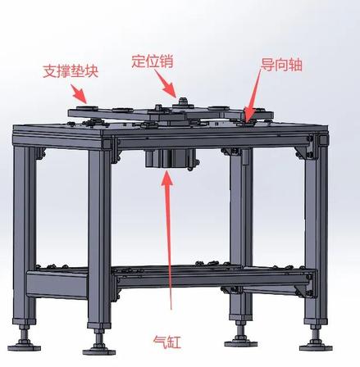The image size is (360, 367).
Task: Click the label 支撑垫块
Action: [x=71, y=71]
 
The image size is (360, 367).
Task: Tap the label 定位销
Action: [x=153, y=61]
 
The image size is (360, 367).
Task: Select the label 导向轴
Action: [x=281, y=65]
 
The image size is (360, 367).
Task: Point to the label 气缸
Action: [x=167, y=342]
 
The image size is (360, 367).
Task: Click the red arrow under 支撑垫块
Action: [x=79, y=93]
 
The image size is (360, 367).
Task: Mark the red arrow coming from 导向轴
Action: [x=253, y=95]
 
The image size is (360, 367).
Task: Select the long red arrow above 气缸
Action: [x=168, y=240]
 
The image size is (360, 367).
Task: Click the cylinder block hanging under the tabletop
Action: [x=171, y=159]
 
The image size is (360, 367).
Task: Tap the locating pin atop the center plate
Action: [x=183, y=102]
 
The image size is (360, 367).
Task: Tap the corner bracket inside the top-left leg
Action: [x=40, y=154]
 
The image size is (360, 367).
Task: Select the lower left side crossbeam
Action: [x=57, y=283]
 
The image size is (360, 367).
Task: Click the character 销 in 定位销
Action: [x=166, y=61]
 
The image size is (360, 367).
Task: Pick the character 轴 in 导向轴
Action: [x=295, y=65]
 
